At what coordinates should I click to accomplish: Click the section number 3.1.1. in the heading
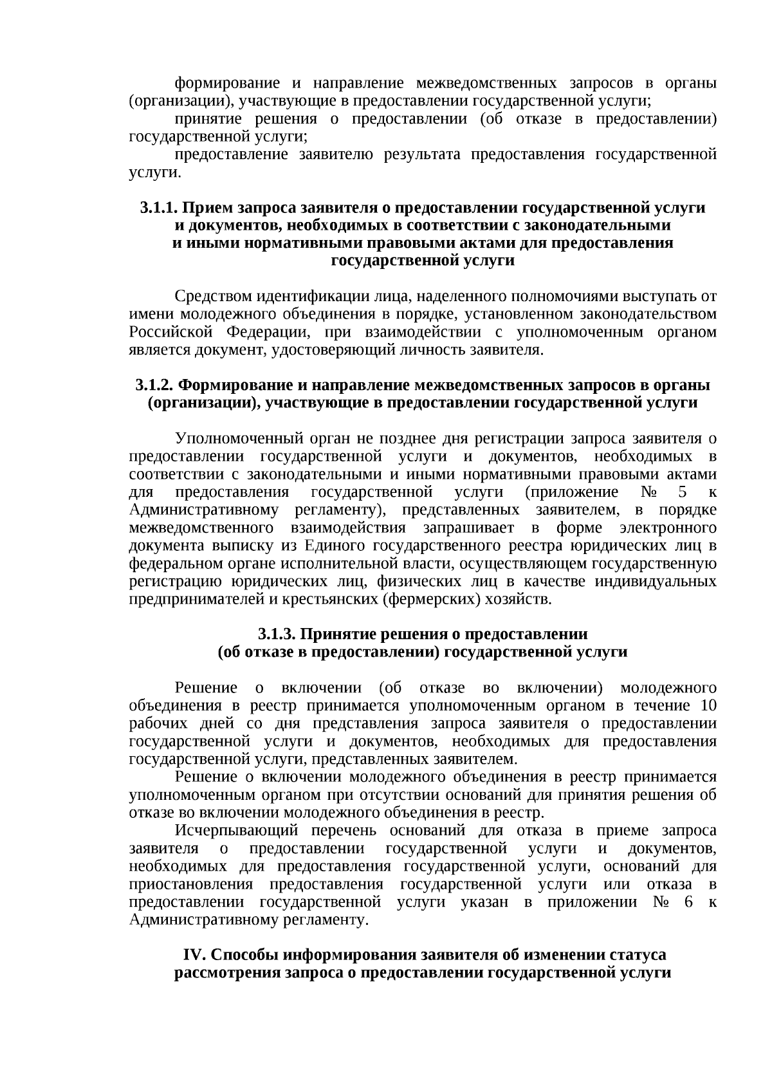click(159, 208)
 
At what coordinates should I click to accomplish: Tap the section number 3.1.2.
click(154, 385)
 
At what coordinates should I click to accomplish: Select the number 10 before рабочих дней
click(708, 705)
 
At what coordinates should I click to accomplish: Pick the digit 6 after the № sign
click(688, 902)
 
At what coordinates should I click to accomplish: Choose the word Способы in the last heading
click(243, 954)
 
